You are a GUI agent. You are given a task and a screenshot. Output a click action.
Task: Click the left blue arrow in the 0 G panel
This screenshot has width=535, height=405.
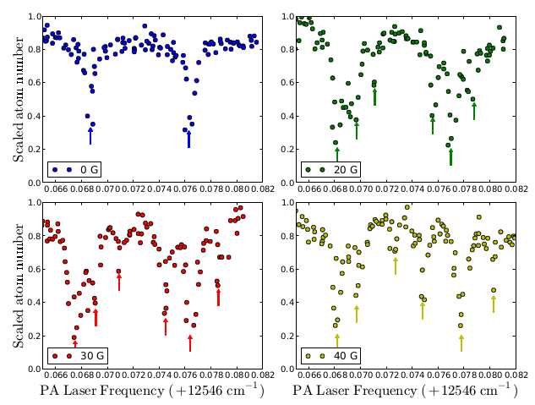90,135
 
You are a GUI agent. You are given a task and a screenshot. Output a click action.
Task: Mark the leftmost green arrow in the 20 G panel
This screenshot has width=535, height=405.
336,154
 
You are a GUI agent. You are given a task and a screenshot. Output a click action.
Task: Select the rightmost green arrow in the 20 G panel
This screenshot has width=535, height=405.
473,110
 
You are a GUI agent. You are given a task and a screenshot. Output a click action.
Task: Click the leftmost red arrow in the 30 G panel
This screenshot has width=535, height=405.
74,343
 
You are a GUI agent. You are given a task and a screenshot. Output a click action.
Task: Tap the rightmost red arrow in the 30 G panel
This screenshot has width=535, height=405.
218,297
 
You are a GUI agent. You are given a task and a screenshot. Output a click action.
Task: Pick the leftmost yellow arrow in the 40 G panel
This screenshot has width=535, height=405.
336,341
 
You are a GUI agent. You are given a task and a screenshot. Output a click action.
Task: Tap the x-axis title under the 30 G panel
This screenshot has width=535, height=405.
151,391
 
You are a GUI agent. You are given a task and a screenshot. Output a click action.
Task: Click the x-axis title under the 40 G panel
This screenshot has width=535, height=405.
405,391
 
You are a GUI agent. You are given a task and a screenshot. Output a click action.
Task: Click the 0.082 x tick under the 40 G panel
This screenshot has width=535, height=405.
514,376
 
